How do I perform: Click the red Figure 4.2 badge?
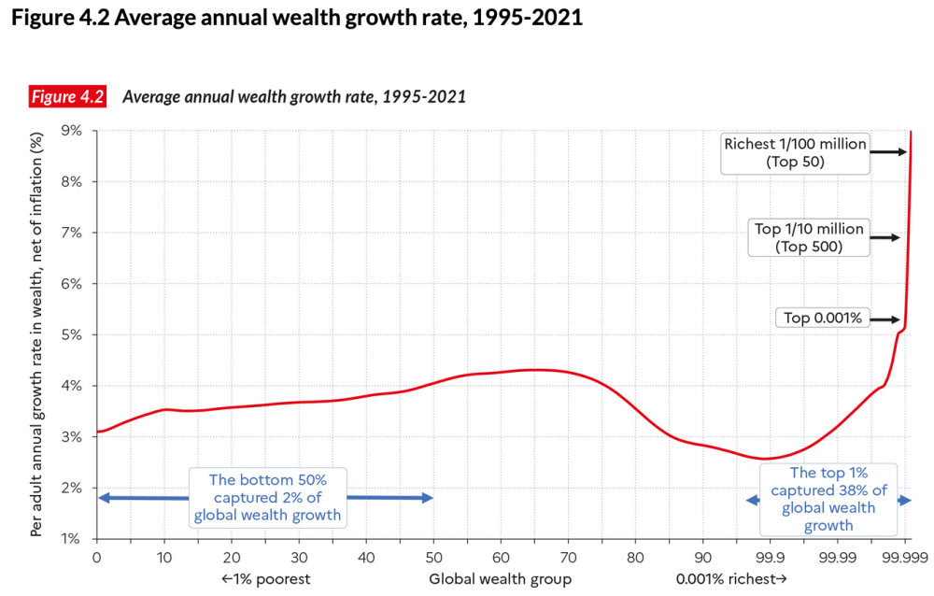click(68, 96)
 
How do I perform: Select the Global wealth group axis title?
click(501, 579)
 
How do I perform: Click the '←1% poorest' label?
click(265, 579)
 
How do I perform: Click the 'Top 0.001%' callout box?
click(823, 318)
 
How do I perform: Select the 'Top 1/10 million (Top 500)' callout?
click(809, 237)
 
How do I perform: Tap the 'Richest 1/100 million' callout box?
click(796, 153)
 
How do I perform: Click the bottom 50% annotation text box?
click(267, 498)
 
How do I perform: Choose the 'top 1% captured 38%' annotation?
click(828, 499)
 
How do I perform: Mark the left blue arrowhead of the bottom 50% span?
click(103, 498)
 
